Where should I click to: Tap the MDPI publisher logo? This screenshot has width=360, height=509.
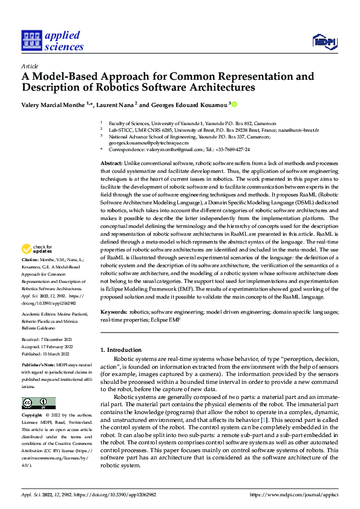click(323, 41)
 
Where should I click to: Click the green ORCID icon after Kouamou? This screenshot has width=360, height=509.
click(235, 105)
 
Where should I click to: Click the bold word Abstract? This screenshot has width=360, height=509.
click(111, 164)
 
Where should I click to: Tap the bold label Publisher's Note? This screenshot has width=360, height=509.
click(39, 366)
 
